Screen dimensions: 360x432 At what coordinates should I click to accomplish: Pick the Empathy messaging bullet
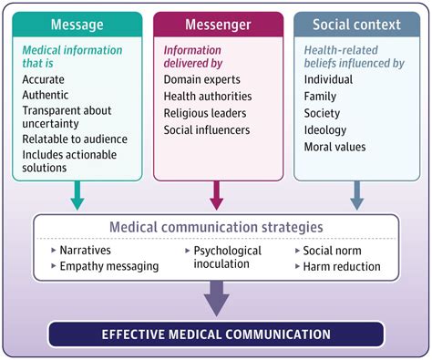pyautogui.click(x=108, y=266)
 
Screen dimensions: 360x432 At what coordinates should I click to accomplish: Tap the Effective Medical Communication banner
pyautogui.click(x=216, y=334)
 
